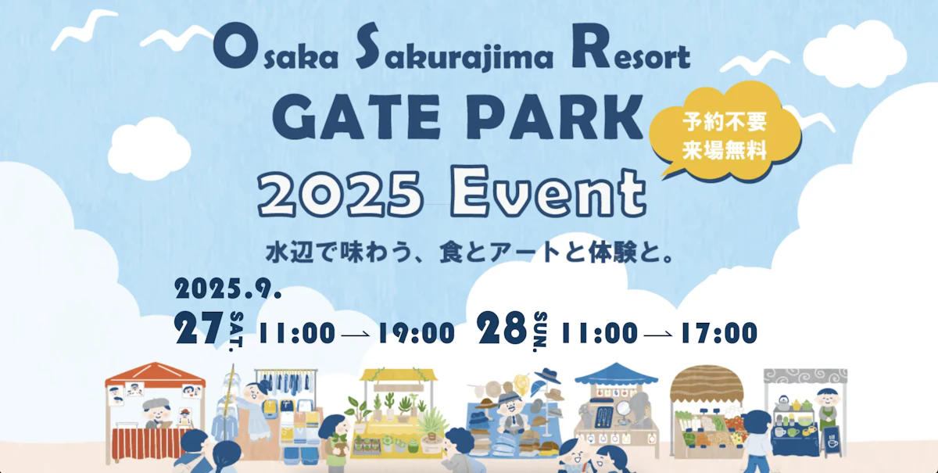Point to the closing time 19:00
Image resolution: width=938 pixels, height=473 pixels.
coord(416,333)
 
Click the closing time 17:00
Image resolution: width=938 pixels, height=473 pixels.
coord(718,333)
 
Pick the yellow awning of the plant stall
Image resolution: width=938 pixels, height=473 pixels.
coord(398,376)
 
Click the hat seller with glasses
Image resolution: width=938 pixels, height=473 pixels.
coord(510,410)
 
